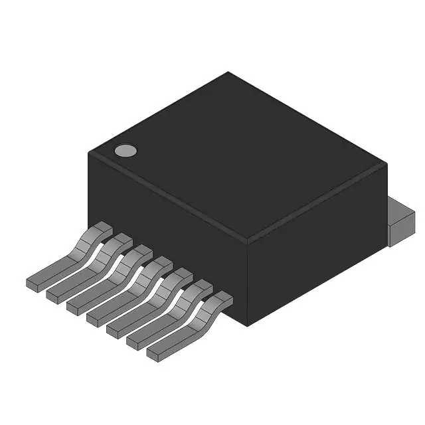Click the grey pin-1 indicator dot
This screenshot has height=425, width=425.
125,151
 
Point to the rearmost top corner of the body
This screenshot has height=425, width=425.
228,72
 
